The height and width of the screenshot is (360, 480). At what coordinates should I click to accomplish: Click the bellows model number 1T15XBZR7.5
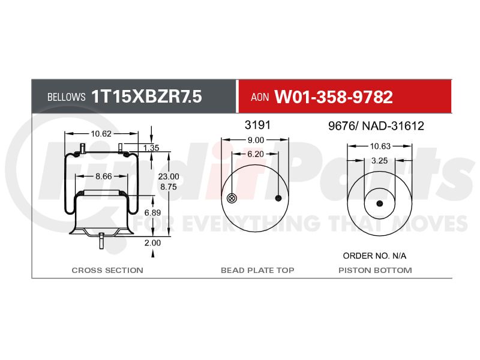point(146,97)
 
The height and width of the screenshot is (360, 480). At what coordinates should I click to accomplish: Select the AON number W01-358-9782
point(334,97)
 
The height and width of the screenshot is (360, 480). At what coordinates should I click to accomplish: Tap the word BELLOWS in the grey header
point(66,97)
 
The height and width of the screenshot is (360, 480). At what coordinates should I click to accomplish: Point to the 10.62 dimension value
point(101,134)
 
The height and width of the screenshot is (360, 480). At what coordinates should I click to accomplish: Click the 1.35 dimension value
point(151,148)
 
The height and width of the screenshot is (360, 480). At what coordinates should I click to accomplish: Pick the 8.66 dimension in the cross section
point(104,176)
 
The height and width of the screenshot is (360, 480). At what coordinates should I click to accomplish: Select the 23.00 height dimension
point(169,176)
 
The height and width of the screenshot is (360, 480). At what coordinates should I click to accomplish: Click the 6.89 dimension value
point(152,212)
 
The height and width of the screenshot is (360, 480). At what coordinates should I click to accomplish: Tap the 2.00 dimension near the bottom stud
point(152,243)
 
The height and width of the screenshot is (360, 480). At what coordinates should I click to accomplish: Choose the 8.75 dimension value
point(169,187)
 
